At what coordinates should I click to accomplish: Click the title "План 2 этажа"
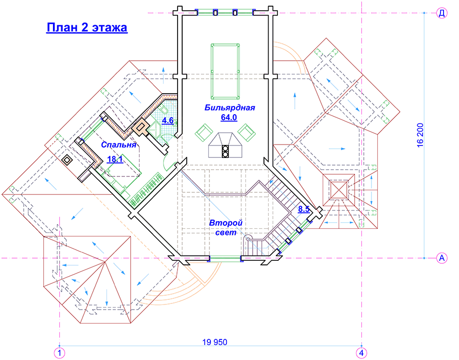(87, 27)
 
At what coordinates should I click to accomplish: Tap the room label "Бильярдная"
(229, 107)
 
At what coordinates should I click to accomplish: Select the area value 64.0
(229, 118)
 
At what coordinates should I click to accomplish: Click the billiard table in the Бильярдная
(225, 71)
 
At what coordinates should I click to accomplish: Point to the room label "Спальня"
(118, 145)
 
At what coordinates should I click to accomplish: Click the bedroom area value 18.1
(115, 159)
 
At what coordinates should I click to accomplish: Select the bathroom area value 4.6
(168, 120)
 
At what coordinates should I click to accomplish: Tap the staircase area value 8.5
(304, 209)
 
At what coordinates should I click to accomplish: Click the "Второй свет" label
(226, 228)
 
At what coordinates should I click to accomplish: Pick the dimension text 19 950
(215, 342)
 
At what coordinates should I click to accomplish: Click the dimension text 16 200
(420, 135)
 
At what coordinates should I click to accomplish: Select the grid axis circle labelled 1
(60, 353)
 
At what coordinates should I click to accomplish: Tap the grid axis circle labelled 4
(362, 353)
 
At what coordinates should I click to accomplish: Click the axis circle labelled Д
(442, 13)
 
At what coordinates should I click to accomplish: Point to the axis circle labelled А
(442, 258)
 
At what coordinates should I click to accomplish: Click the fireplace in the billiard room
(225, 146)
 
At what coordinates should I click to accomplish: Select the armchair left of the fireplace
(204, 133)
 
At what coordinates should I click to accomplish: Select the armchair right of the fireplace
(246, 133)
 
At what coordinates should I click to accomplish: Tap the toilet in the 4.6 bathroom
(163, 111)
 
